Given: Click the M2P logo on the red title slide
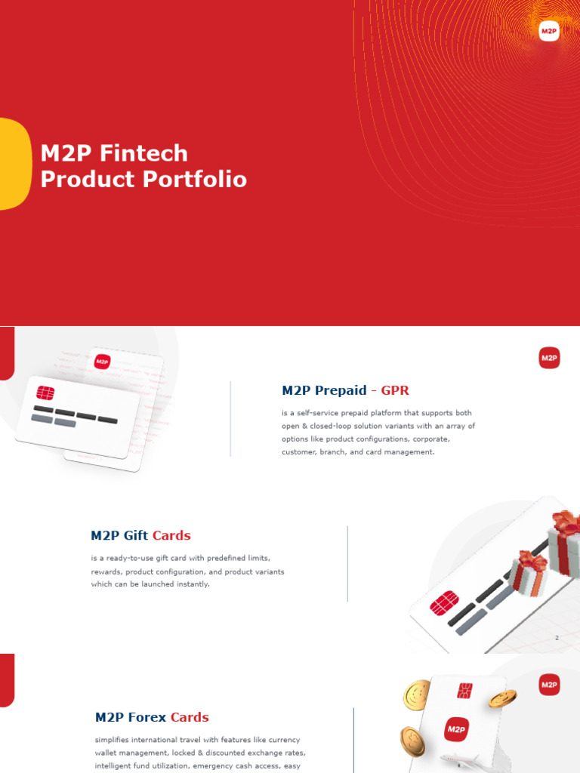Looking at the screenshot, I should [549, 31].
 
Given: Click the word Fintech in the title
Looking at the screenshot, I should [143, 153].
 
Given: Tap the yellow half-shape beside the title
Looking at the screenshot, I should [14, 163].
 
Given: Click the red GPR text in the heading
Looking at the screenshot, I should [395, 390].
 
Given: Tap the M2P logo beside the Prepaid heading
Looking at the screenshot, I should [549, 359].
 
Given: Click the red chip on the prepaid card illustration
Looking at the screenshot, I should [45, 393].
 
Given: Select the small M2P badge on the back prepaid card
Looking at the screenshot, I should [102, 362].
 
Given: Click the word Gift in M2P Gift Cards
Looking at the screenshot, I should [136, 535].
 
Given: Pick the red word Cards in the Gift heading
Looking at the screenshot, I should [171, 535].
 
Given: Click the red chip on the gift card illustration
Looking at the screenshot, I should [445, 602].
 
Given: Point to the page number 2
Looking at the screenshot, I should [557, 638].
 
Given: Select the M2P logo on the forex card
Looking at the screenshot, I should [455, 729].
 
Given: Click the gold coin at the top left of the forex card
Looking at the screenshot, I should [416, 694].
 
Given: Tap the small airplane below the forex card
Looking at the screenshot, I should [460, 759].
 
